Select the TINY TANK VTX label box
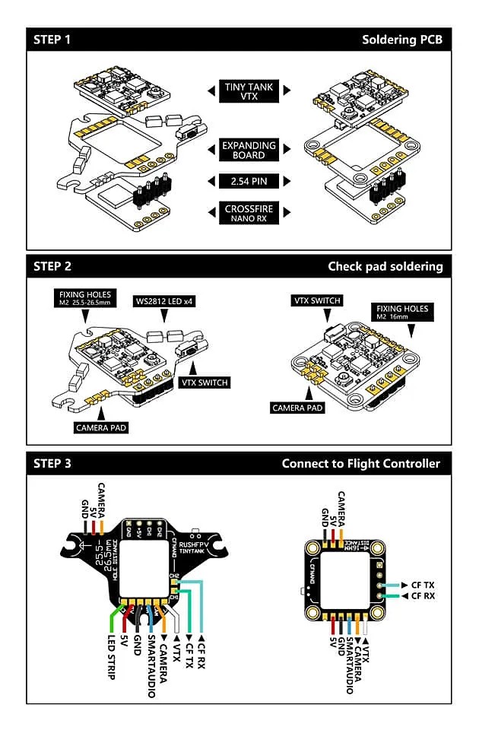pos(249,91)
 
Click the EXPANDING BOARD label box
pos(249,149)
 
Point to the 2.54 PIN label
pos(249,181)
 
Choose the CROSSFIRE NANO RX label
pos(249,213)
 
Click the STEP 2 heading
pos(52,266)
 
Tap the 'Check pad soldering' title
pos(385,266)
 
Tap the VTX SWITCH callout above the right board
pos(316,300)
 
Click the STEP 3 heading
pos(52,463)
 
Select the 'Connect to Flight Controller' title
pos(360,463)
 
